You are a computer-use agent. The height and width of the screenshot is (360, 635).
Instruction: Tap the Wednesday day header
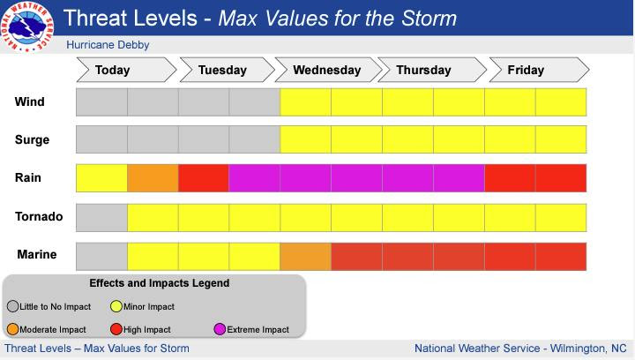click(x=326, y=70)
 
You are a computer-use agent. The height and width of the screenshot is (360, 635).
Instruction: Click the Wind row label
click(x=30, y=101)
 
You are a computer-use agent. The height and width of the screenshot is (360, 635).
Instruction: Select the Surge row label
click(x=33, y=139)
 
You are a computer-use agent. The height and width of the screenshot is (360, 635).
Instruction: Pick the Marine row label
click(x=37, y=254)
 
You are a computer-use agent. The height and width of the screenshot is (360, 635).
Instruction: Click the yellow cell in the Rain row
click(x=102, y=178)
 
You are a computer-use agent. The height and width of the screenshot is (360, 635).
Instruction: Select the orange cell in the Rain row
click(x=153, y=178)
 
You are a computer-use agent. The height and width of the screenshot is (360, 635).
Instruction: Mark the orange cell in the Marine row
click(x=305, y=255)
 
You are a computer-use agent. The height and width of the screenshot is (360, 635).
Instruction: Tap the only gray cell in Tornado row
click(x=102, y=216)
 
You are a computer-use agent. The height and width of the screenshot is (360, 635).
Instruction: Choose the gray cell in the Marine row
click(x=102, y=255)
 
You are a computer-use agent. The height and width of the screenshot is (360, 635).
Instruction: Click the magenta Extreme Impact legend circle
click(x=219, y=329)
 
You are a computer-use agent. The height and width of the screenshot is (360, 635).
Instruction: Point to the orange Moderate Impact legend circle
click(x=13, y=329)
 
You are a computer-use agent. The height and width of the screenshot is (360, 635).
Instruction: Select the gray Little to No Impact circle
click(x=13, y=306)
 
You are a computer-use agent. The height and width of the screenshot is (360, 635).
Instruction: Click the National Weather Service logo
click(x=27, y=26)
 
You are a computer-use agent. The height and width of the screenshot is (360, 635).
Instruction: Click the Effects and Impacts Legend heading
click(x=159, y=283)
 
